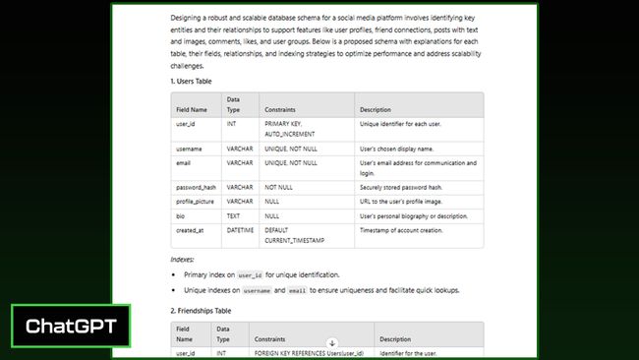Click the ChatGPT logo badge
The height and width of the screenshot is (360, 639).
tap(70, 326)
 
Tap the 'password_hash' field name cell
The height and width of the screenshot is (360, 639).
tap(196, 186)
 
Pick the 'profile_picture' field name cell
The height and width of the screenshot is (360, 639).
tap(195, 201)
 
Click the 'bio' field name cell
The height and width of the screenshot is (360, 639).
tap(181, 215)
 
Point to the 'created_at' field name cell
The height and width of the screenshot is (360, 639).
tap(190, 230)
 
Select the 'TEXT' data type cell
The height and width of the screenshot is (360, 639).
tap(235, 215)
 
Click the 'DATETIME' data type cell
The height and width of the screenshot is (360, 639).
tap(241, 230)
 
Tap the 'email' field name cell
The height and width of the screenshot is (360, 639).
tap(184, 162)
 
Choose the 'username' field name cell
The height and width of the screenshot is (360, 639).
tap(189, 148)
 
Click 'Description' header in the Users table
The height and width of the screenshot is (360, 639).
tap(376, 109)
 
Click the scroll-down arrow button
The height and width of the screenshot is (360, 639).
tap(331, 343)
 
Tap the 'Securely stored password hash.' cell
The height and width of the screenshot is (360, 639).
tap(400, 186)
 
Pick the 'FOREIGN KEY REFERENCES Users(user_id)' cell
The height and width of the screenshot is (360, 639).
tap(308, 352)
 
